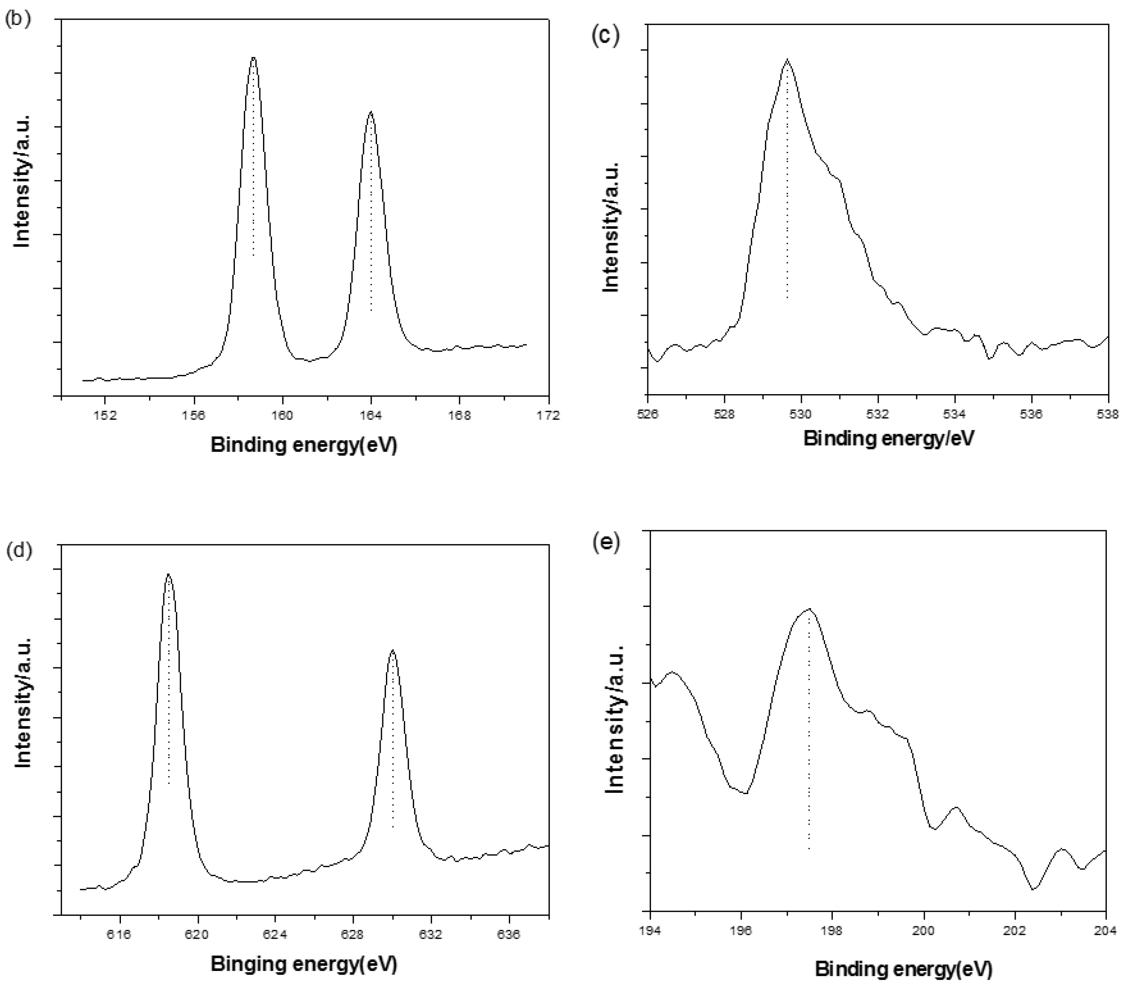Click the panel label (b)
coord(17,19)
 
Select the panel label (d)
coord(18,550)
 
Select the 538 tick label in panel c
coord(1108,413)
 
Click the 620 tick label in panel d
coord(197,935)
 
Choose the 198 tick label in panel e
coord(832,930)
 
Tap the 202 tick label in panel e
coord(1015,930)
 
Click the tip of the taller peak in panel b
coord(253,57)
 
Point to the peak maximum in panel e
coord(809,609)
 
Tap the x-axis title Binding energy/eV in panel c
coord(888,439)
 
